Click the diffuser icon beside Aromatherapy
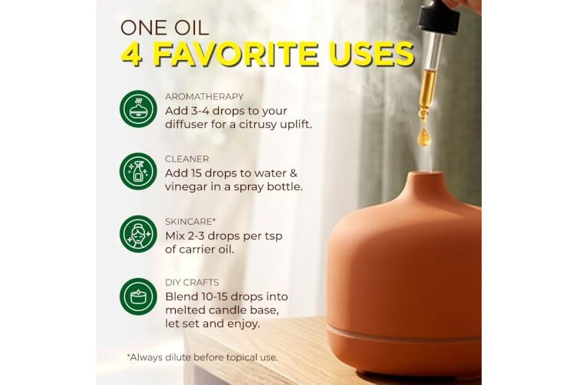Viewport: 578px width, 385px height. (x=138, y=109)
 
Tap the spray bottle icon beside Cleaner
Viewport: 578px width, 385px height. (x=138, y=172)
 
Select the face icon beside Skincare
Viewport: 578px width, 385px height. (x=138, y=234)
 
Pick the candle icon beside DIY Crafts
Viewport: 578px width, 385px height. (x=138, y=296)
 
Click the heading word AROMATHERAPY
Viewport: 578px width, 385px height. (x=204, y=96)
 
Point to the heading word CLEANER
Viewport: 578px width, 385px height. (x=187, y=159)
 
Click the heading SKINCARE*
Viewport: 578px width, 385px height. (x=190, y=222)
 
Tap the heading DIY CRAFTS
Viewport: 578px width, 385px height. (x=192, y=283)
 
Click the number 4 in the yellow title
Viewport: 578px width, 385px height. (x=133, y=54)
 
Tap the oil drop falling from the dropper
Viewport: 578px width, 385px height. (x=424, y=136)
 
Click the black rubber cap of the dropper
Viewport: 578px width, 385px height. (x=439, y=16)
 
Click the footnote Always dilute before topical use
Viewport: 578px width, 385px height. (x=203, y=357)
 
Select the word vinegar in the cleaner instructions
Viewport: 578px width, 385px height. (x=187, y=187)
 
